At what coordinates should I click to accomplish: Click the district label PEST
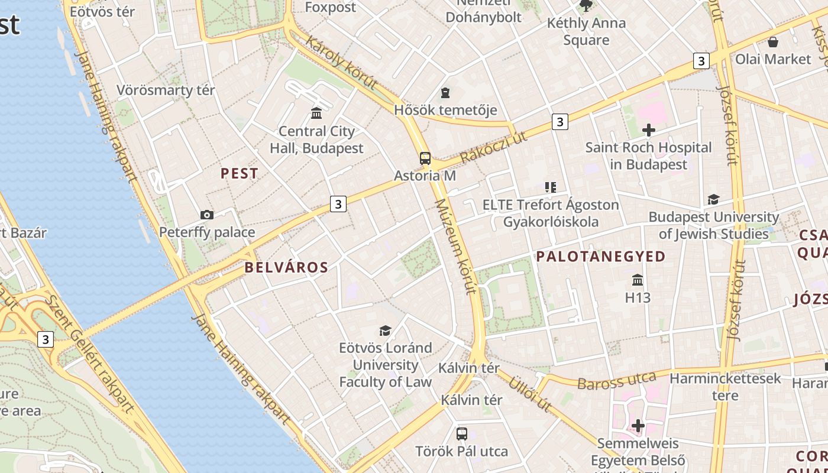240,173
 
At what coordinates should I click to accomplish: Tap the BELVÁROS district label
286,267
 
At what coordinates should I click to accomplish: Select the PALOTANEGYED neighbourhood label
601,256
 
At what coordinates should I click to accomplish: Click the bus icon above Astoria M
425,158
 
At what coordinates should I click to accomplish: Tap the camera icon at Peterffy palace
206,215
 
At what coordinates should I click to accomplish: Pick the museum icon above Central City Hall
316,113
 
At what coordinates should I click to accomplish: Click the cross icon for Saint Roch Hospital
649,129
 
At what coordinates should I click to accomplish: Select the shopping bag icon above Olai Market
772,41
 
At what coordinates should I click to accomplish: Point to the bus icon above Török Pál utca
462,433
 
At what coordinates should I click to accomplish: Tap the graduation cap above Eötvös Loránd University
386,330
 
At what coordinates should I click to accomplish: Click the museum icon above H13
638,280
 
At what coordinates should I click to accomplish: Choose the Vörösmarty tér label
166,90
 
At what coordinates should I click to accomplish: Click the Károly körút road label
342,64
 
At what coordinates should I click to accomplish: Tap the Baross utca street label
617,380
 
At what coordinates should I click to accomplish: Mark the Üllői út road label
530,393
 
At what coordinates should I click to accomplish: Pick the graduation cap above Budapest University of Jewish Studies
713,200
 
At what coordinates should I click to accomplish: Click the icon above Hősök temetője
445,93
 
